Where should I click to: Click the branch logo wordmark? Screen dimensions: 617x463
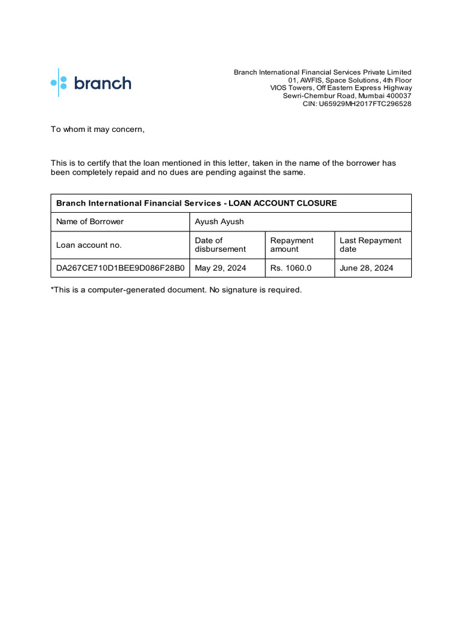coord(102,83)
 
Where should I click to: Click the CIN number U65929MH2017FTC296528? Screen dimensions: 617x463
coord(365,104)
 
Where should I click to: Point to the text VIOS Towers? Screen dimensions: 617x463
coord(291,88)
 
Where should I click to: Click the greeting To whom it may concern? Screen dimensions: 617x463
coord(98,130)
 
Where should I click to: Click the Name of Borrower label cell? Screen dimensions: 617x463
coord(90,222)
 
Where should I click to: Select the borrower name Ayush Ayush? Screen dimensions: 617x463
coord(219,222)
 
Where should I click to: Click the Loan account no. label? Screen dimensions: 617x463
coord(89,245)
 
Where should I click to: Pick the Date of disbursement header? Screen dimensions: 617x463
coord(220,245)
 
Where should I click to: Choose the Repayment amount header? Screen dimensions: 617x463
coord(292,245)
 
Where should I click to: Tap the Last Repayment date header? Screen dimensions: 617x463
coord(370,245)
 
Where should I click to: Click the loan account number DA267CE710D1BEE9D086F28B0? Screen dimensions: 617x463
coord(120,268)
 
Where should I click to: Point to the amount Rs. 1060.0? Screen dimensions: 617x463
coord(291,268)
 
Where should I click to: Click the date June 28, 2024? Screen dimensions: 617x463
coord(366,268)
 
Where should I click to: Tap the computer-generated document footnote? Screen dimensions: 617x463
coord(176,290)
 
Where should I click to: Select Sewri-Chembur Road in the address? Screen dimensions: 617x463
coord(316,96)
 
